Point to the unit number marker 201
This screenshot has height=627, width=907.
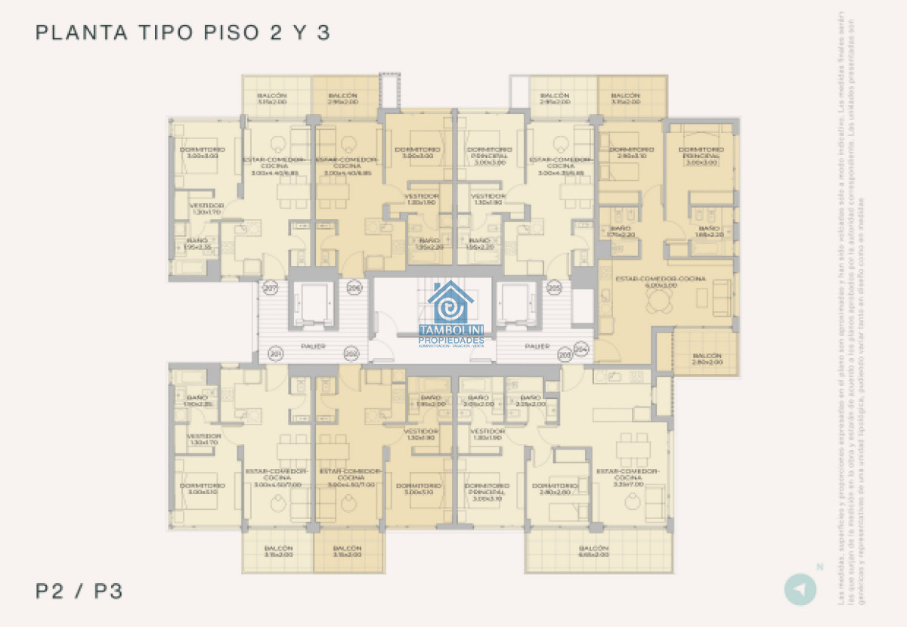pyautogui.click(x=276, y=354)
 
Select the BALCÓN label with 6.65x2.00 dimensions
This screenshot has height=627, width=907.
pyautogui.click(x=593, y=551)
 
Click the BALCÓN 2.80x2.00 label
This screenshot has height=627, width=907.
pyautogui.click(x=706, y=359)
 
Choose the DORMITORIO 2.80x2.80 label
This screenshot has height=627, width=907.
pyautogui.click(x=555, y=489)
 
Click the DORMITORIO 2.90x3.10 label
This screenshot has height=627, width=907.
pyautogui.click(x=630, y=153)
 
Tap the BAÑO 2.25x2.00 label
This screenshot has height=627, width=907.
pyautogui.click(x=531, y=400)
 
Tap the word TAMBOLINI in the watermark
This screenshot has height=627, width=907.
pyautogui.click(x=452, y=330)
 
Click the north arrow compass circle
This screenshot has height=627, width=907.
pyautogui.click(x=800, y=589)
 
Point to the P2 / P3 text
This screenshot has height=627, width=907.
pyautogui.click(x=79, y=591)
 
